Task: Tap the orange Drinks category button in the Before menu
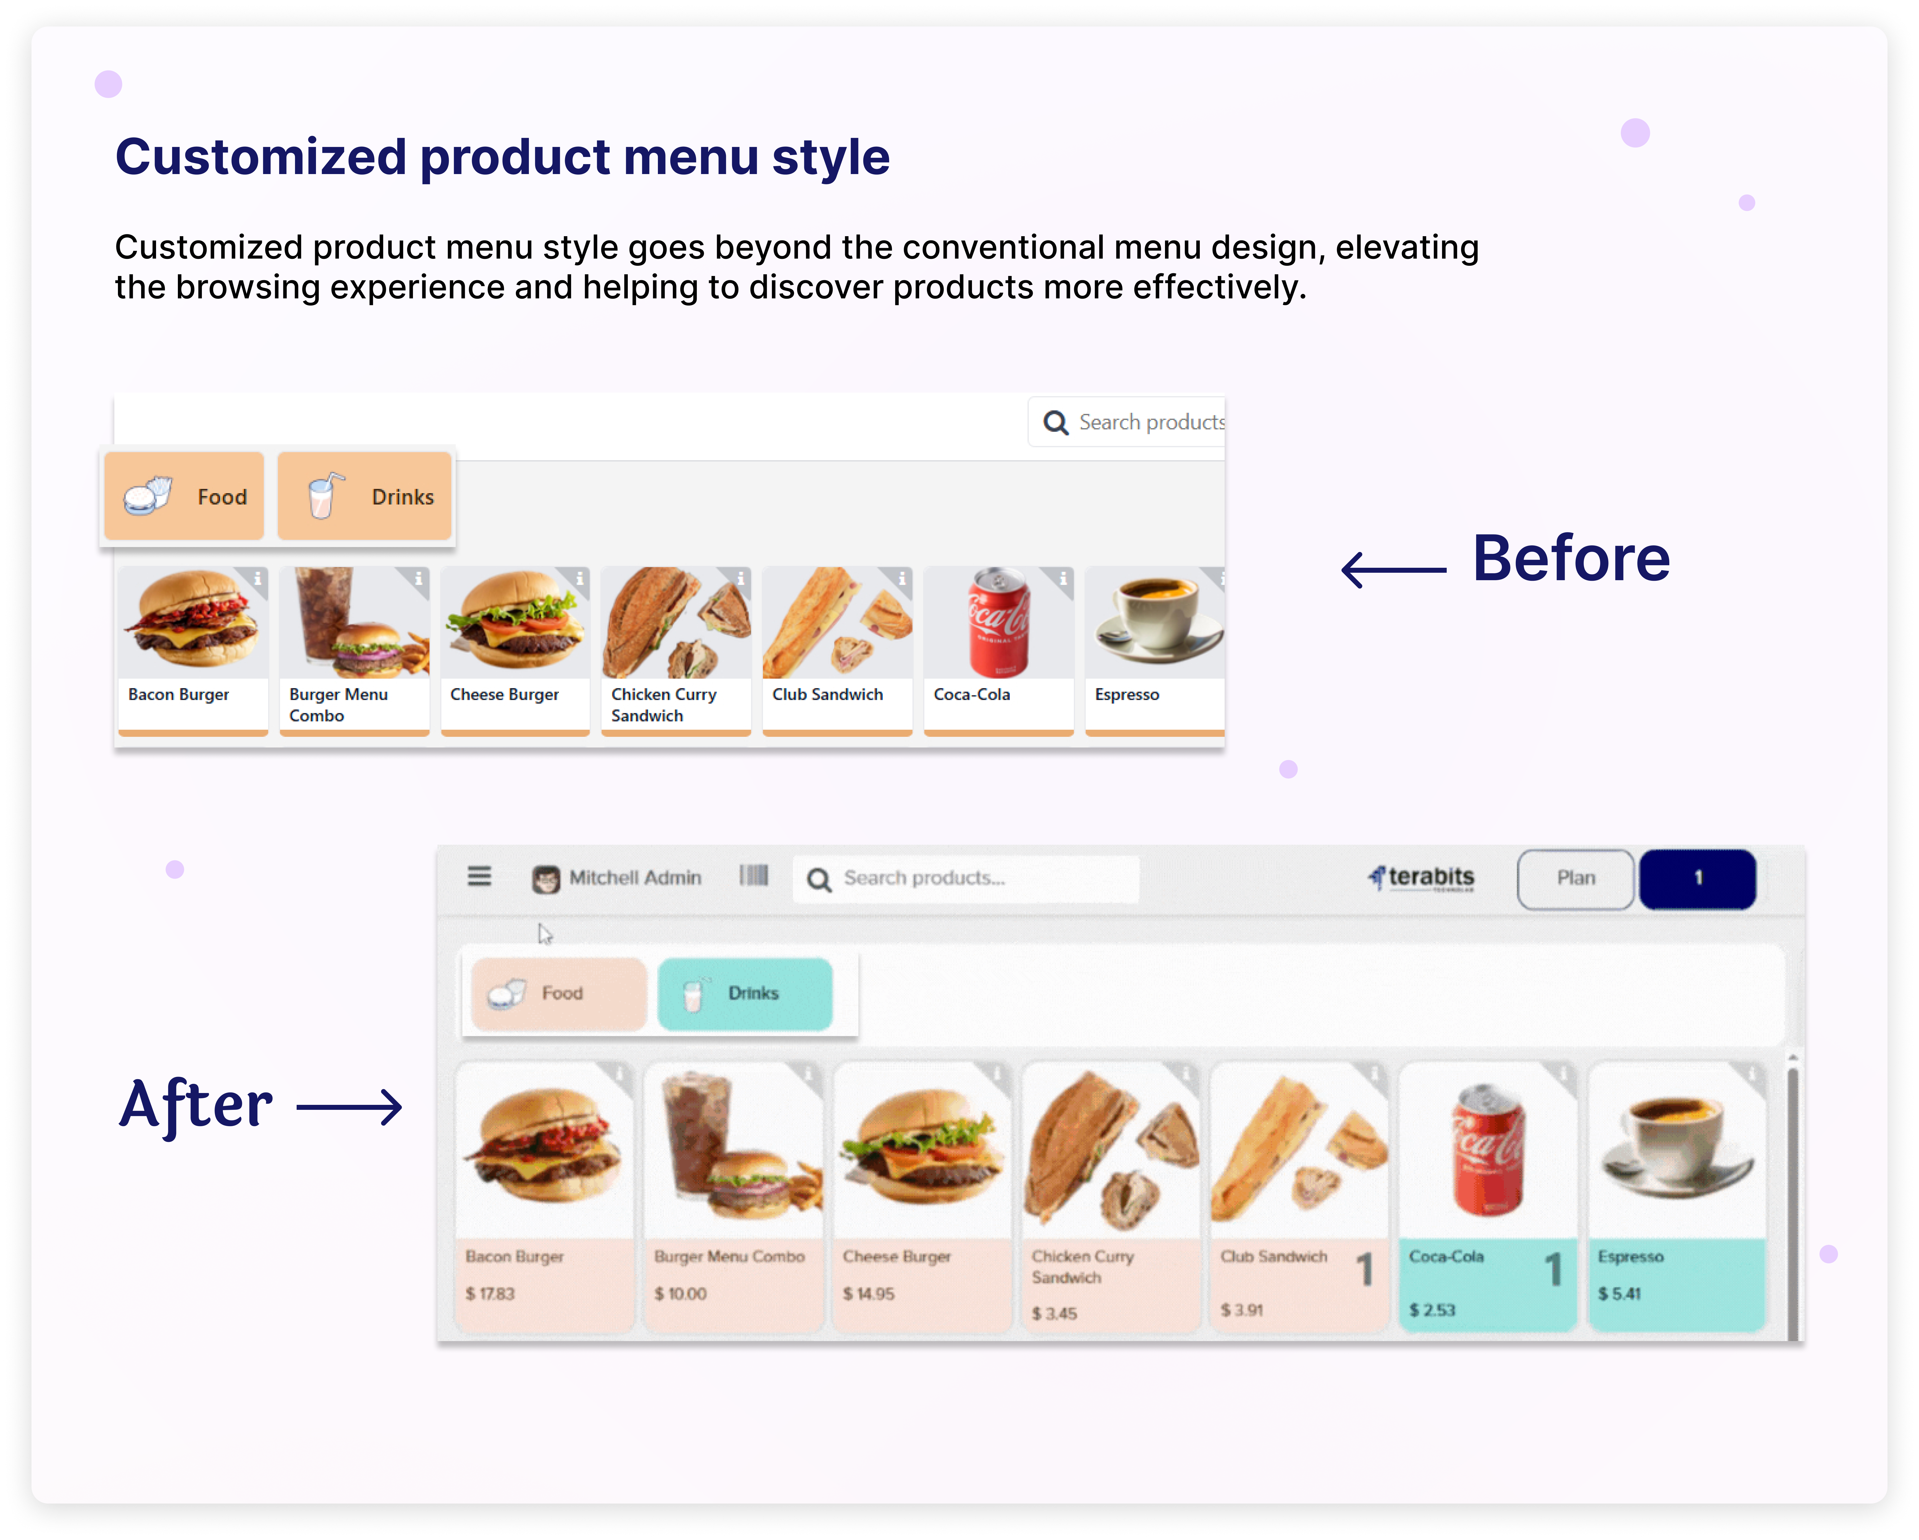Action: click(364, 496)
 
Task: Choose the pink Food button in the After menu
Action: click(559, 994)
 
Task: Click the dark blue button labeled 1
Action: click(1697, 879)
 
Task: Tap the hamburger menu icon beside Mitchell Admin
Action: click(480, 877)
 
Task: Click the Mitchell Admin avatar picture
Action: click(545, 879)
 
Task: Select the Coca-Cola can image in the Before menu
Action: click(999, 622)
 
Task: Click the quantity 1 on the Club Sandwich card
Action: click(1364, 1270)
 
